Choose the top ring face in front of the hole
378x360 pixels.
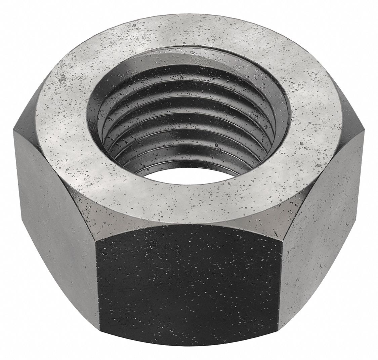[188, 198]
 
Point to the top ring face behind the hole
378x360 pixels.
[188, 29]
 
